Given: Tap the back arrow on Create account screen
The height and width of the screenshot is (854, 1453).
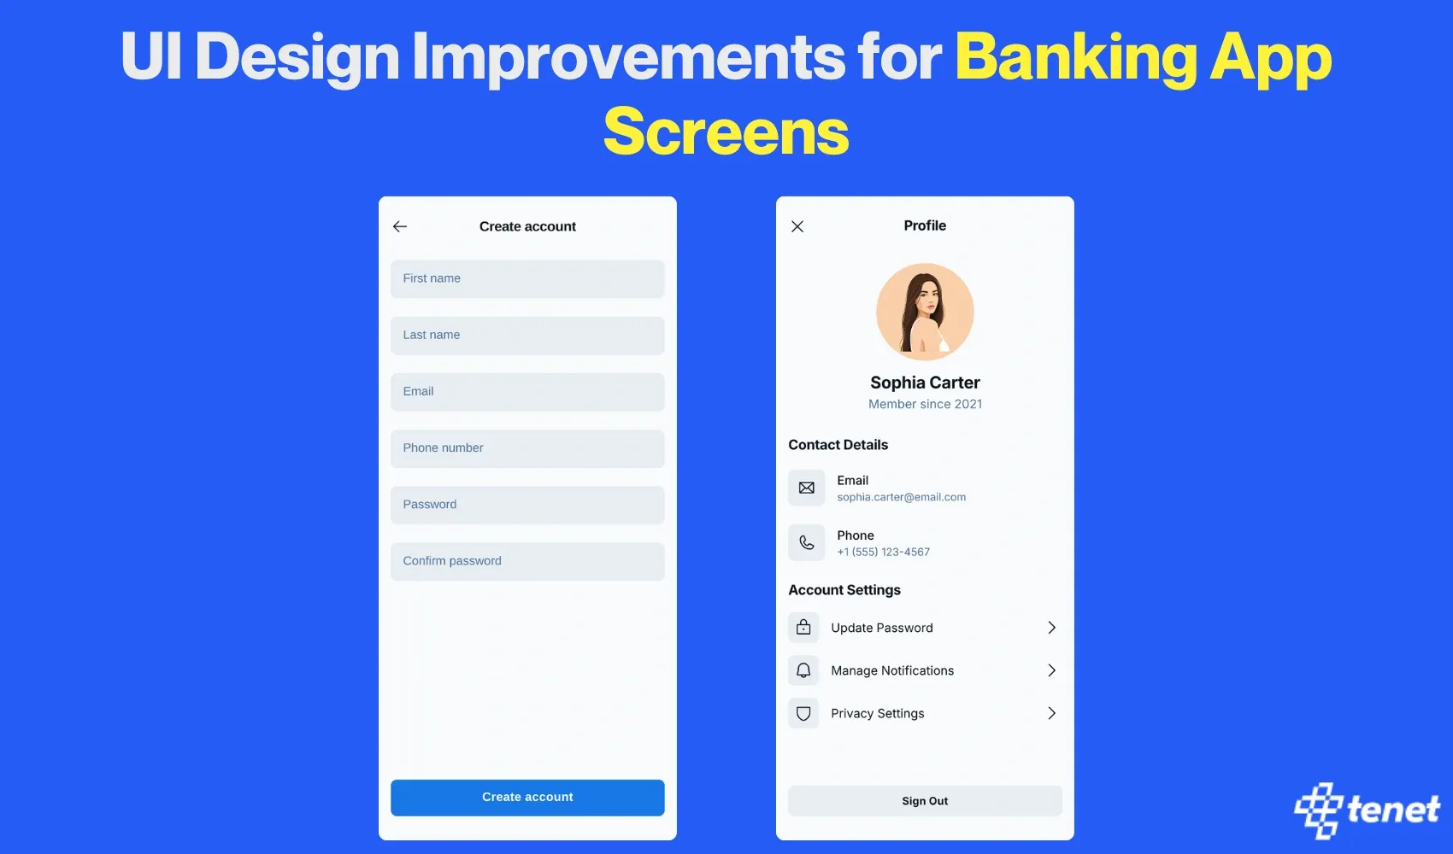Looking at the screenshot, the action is (400, 226).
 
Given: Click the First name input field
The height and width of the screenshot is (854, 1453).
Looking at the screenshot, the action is (527, 278).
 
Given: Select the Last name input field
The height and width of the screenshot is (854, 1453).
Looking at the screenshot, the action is (527, 335).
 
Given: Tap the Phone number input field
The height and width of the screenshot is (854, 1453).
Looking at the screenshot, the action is (527, 448).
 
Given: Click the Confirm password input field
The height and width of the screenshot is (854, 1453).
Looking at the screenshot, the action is (527, 561).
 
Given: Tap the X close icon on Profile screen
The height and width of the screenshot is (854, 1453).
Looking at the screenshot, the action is (797, 226).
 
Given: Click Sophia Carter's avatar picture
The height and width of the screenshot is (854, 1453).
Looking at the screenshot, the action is (925, 312).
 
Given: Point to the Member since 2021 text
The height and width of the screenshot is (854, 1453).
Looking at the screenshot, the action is (925, 404).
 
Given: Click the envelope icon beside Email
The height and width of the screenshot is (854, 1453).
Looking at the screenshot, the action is (806, 488).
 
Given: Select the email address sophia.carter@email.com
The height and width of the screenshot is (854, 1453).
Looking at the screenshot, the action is (901, 497).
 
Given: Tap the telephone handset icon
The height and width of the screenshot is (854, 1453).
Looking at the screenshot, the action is (806, 542).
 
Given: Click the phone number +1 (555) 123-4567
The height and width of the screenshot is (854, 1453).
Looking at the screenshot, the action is (883, 552).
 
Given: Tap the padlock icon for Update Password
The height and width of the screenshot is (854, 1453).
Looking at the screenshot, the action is (803, 627).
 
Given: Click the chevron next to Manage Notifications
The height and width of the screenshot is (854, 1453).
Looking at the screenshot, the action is (1051, 670).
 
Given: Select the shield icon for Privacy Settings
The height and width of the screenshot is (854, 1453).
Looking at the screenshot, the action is (803, 713).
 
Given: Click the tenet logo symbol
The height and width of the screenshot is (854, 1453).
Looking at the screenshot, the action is (1319, 810).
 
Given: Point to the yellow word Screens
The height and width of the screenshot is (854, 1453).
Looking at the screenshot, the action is (726, 132).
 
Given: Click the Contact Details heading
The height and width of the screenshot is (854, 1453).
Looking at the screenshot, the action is (838, 444).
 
